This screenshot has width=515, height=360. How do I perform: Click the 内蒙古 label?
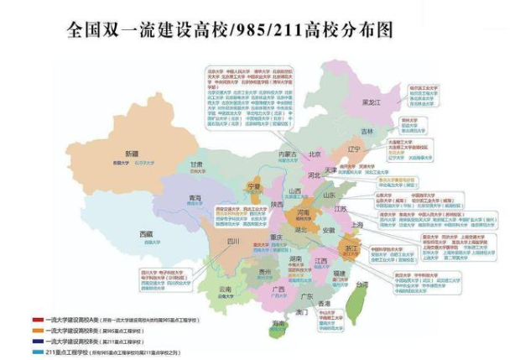click(x=288, y=154)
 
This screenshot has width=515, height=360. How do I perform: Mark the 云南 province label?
click(x=224, y=289)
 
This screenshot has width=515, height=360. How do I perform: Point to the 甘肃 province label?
click(x=196, y=164)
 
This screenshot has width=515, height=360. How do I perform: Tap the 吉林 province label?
click(x=367, y=132)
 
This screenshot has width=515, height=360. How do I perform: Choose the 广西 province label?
click(x=278, y=290)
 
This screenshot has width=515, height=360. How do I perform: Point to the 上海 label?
click(x=357, y=225)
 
